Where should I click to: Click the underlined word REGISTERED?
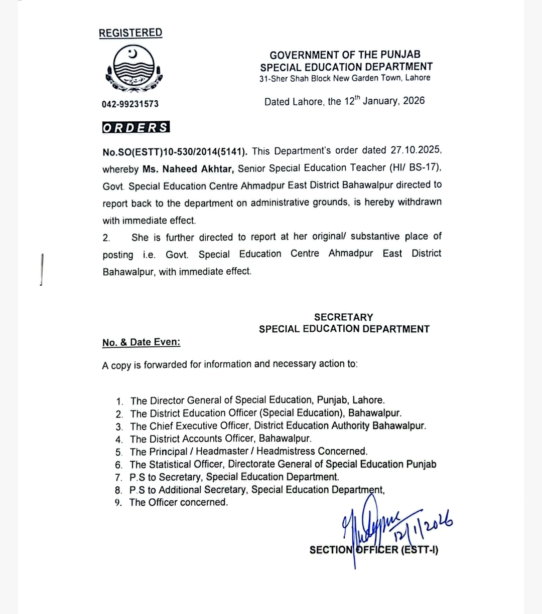pyautogui.click(x=130, y=33)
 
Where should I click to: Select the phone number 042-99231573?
pyautogui.click(x=130, y=104)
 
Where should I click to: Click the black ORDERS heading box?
pyautogui.click(x=136, y=127)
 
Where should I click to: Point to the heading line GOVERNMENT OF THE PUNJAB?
pyautogui.click(x=345, y=55)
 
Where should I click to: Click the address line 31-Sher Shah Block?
pyautogui.click(x=344, y=78)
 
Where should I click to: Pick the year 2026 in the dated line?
pyautogui.click(x=414, y=101)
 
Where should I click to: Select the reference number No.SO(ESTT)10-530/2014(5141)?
pyautogui.click(x=175, y=151)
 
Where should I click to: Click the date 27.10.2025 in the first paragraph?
pyautogui.click(x=415, y=150)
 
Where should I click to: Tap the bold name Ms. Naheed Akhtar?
pyautogui.click(x=188, y=169)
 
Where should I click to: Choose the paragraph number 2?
pyautogui.click(x=106, y=238)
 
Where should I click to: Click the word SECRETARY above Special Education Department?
pyautogui.click(x=344, y=317)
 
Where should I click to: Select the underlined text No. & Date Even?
pyautogui.click(x=141, y=342)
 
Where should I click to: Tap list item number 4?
pyautogui.click(x=119, y=440)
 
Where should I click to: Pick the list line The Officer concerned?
pyautogui.click(x=179, y=502)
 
